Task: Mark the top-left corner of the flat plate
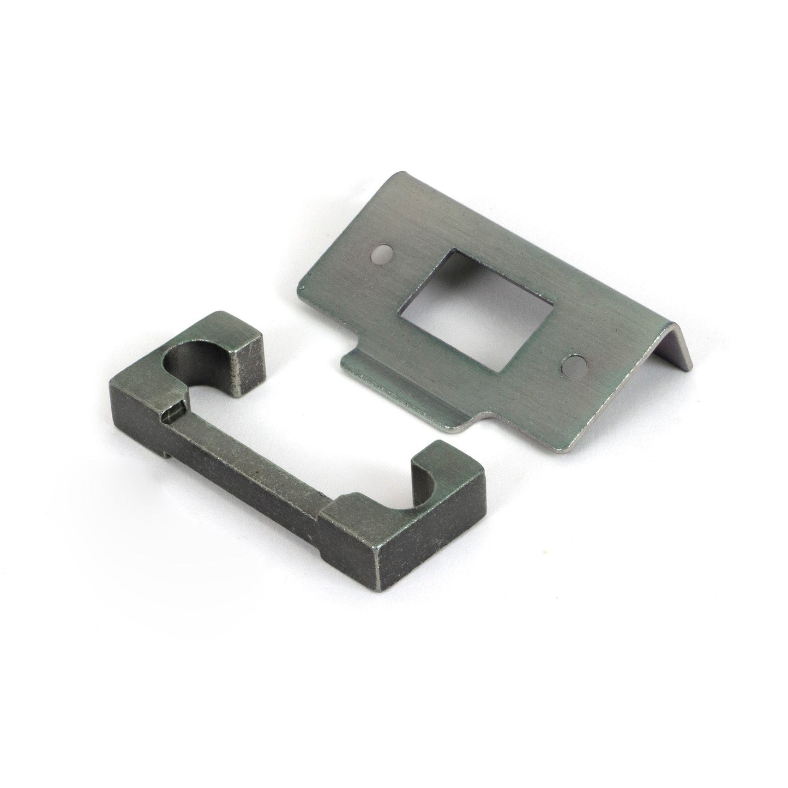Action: (402, 175)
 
